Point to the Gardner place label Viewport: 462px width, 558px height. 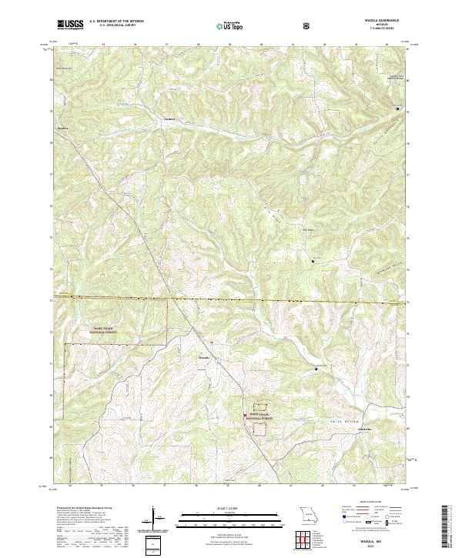pyautogui.click(x=169, y=119)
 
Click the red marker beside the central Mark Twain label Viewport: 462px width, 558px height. pyautogui.click(x=245, y=416)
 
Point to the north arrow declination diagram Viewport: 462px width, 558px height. pyautogui.click(x=156, y=520)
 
